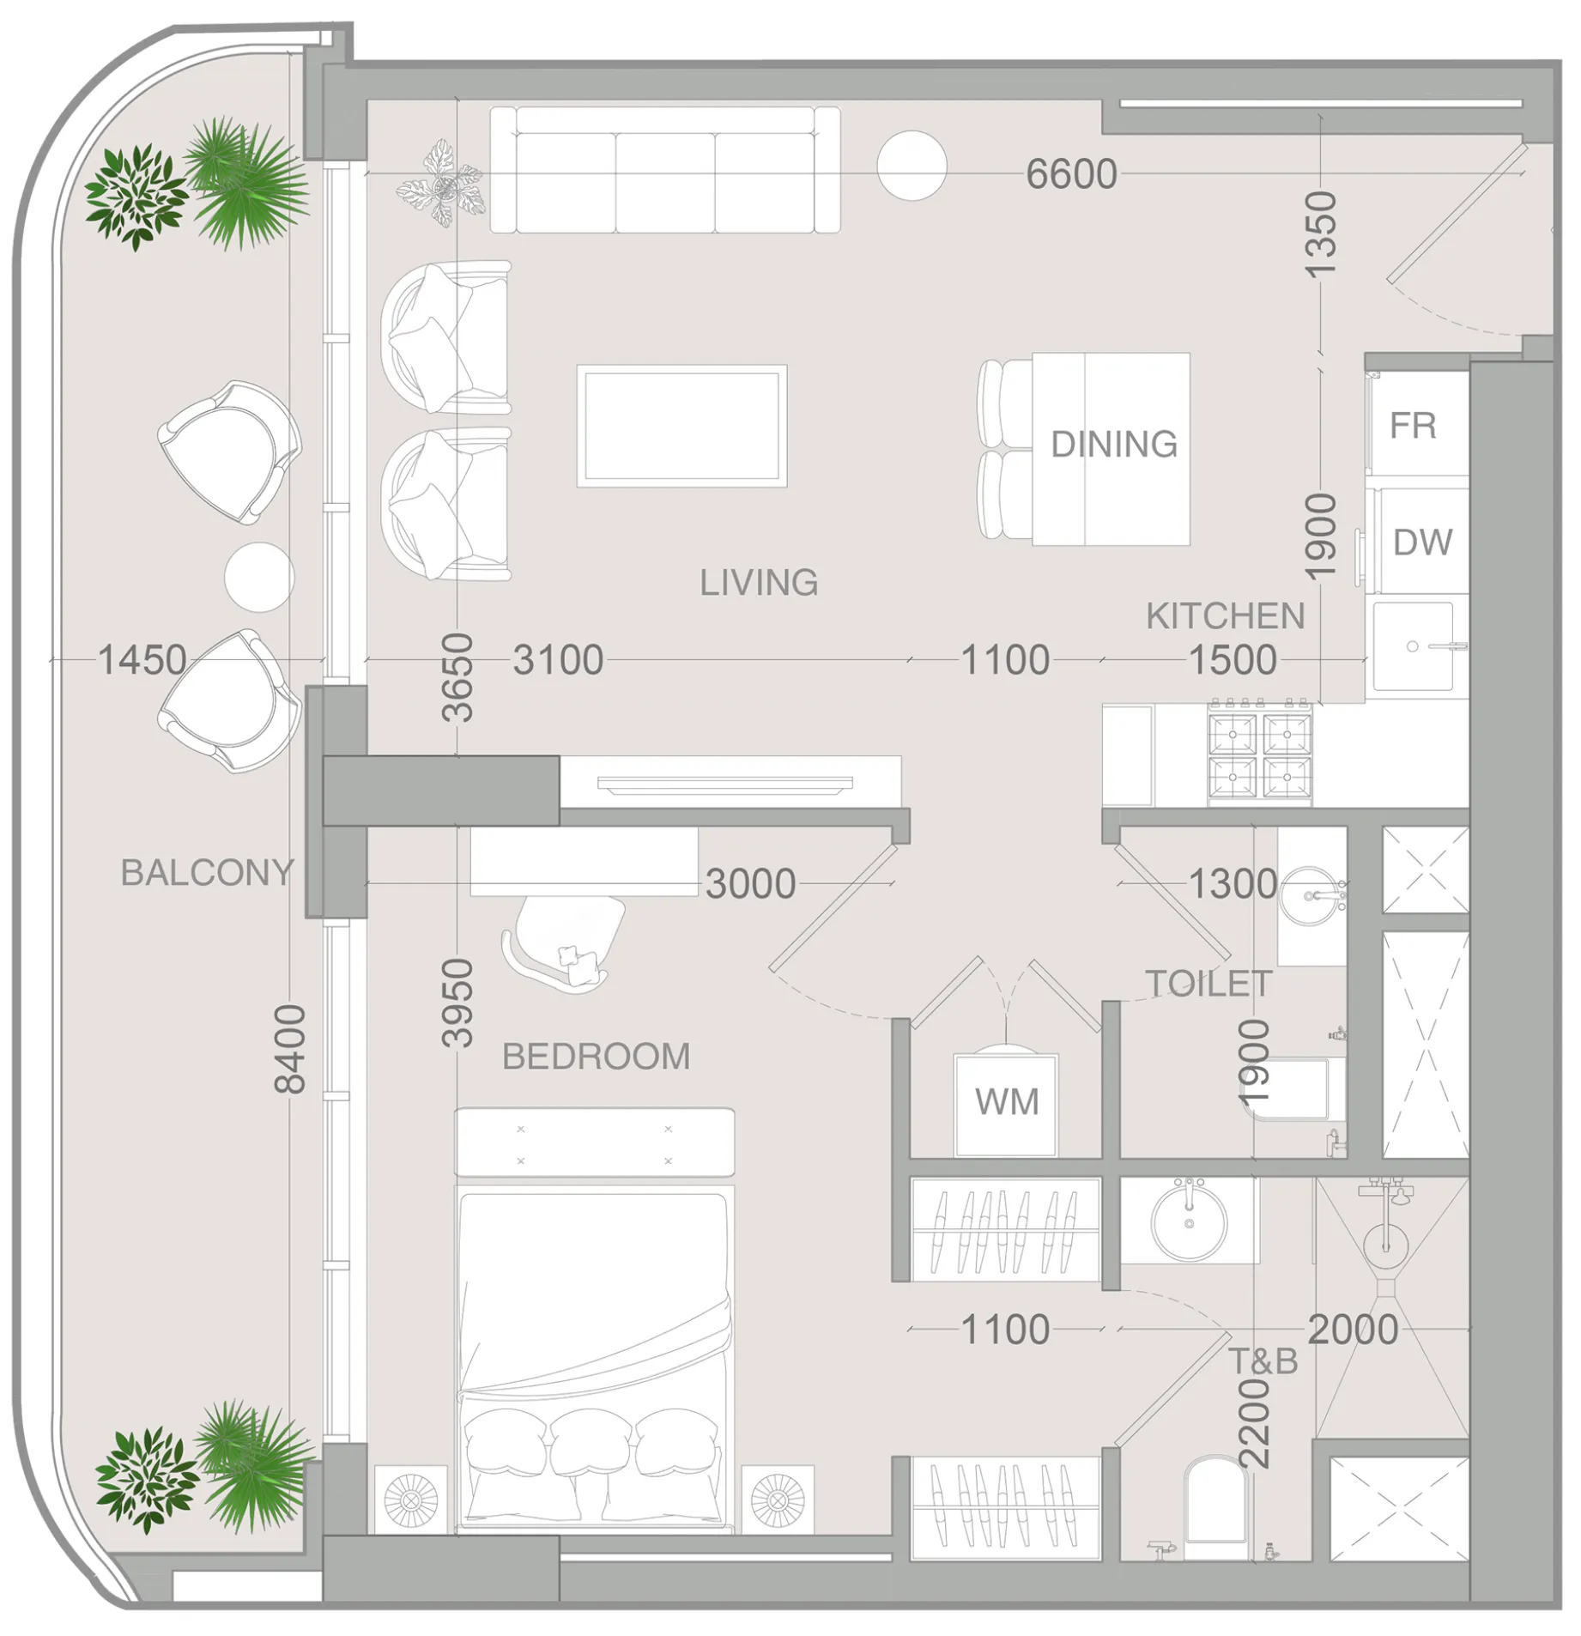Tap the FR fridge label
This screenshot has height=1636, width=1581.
[1412, 426]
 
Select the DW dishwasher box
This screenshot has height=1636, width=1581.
[1422, 542]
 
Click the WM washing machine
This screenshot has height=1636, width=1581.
[1006, 1104]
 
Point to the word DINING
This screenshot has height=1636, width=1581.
[1113, 444]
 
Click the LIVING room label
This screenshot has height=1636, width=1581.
[759, 583]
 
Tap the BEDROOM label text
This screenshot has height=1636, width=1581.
[596, 1057]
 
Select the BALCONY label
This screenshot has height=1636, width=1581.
[207, 873]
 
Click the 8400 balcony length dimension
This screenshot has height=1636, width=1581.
[290, 1049]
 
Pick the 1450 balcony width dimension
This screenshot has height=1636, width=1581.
[142, 660]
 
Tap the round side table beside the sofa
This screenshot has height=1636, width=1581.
[912, 166]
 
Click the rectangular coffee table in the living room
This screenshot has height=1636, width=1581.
[681, 426]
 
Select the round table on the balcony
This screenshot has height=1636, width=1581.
[259, 577]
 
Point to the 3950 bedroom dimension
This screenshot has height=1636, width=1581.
[457, 1003]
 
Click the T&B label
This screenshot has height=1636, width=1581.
[1263, 1361]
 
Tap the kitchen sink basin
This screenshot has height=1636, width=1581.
[1412, 646]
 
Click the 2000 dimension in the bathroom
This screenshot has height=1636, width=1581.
[1353, 1330]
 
